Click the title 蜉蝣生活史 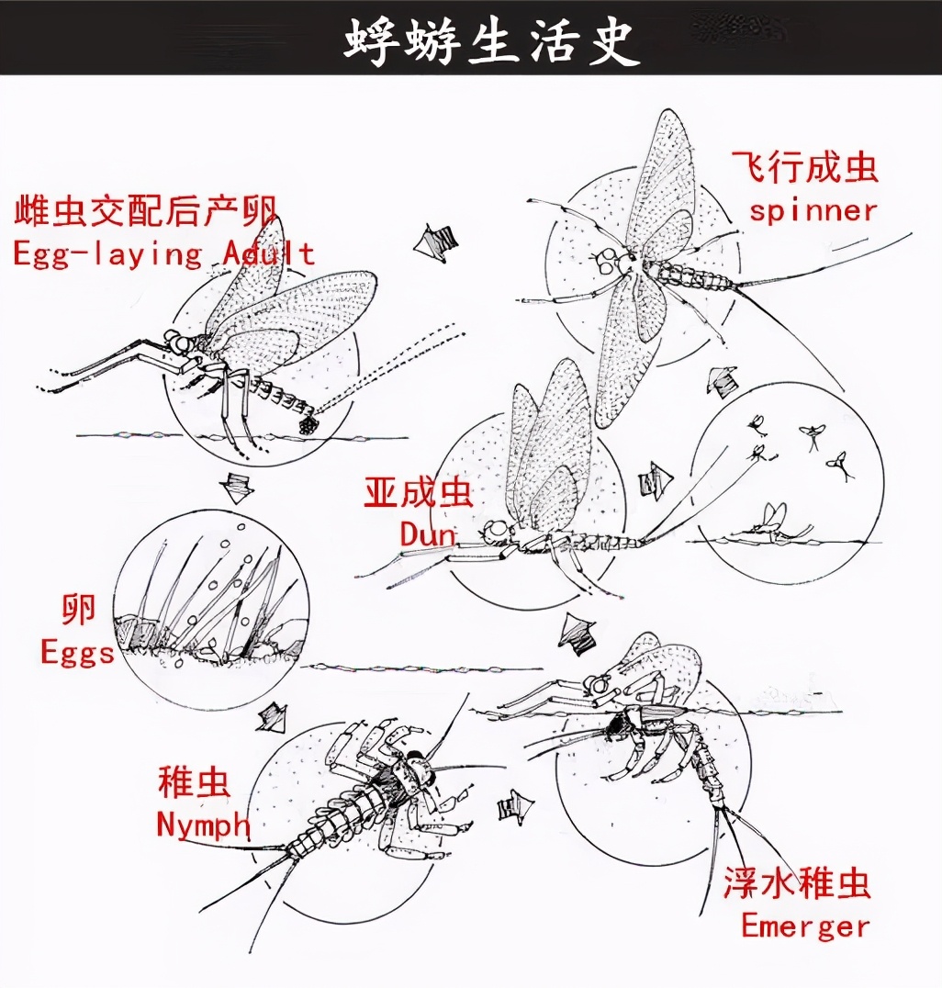coord(492,39)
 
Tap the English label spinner coord(813,210)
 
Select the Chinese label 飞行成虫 coord(805,167)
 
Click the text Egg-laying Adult coord(163,253)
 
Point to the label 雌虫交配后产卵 coord(145,211)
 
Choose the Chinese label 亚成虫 coord(419,493)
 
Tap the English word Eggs coord(77,653)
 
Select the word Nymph coord(203,824)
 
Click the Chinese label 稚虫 coord(194,783)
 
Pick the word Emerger coord(804,925)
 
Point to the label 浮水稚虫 coord(796,883)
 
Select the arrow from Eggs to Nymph coord(271,717)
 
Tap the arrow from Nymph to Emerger coord(516,807)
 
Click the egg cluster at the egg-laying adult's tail coord(307,425)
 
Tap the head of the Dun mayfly coord(497,531)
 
